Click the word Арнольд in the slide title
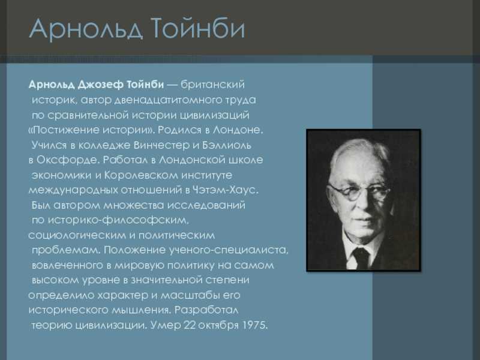click(86, 28)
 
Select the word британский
click(213, 85)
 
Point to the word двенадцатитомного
click(168, 100)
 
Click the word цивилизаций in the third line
click(214, 115)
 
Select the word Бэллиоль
click(227, 145)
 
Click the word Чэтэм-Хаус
click(226, 190)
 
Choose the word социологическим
click(77, 235)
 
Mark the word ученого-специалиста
click(229, 250)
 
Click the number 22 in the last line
click(190, 325)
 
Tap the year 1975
click(254, 325)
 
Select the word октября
click(218, 325)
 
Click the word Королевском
click(141, 175)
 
